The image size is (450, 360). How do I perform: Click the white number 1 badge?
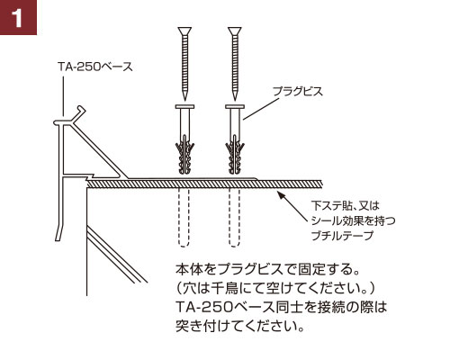[x=18, y=17]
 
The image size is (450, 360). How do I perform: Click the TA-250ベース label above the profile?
[x=95, y=67]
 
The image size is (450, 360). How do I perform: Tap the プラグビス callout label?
[x=298, y=91]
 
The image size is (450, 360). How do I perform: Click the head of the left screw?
[x=184, y=31]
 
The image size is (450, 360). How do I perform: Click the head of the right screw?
[x=235, y=31]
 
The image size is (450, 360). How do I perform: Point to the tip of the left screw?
[x=184, y=100]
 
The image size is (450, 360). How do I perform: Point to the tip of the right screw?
[x=235, y=100]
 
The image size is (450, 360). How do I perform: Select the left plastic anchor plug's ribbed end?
[x=184, y=156]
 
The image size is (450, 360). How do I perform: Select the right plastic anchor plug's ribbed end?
[x=235, y=156]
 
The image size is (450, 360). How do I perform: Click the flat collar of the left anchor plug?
[x=184, y=106]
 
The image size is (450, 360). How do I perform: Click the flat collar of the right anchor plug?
[x=235, y=106]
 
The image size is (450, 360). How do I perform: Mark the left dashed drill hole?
[x=184, y=218]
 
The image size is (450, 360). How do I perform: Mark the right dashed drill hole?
[x=234, y=218]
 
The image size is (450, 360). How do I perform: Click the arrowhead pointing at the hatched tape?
[x=281, y=195]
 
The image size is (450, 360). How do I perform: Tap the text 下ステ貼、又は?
[x=346, y=205]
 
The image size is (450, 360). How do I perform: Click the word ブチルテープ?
[x=342, y=236]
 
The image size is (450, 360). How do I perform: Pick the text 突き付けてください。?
[x=240, y=326]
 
